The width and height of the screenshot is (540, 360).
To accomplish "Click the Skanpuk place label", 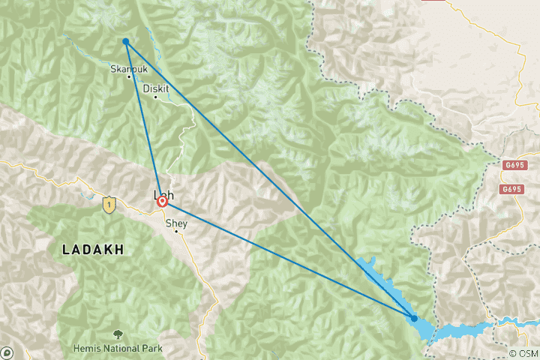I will point(125,68).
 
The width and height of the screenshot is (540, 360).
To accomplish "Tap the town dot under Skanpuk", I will point(130,76).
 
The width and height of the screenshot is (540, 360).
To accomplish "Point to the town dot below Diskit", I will point(156,96).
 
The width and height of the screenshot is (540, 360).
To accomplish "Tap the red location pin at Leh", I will point(162,202).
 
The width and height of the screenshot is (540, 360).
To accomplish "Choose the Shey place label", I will point(176,222).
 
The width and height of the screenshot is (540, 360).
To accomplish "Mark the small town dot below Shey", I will point(176,231).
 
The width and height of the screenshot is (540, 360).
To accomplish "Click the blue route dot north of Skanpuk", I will point(126,41).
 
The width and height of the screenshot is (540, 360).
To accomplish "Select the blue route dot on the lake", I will point(414,318).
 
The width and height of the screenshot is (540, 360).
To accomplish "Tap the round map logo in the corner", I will point(7,352).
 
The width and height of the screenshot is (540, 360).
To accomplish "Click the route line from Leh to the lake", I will point(285,259).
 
